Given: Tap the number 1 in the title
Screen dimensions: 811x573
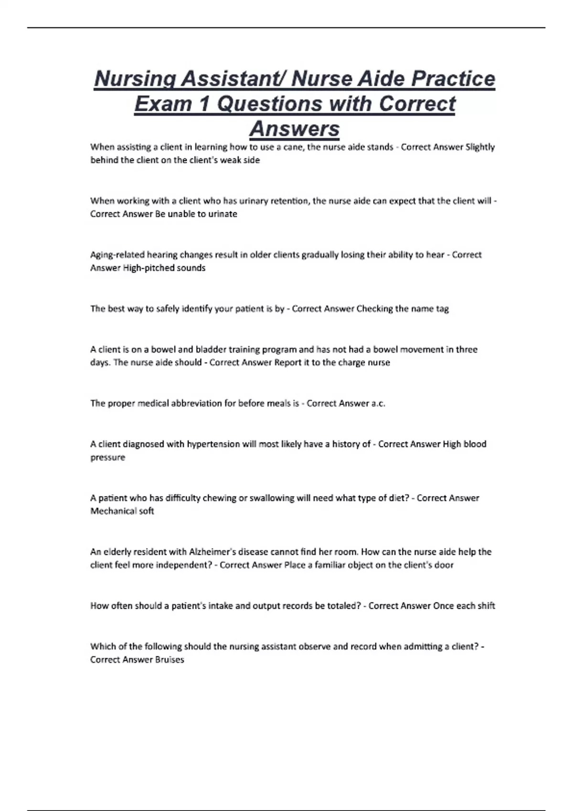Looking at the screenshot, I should (204, 104).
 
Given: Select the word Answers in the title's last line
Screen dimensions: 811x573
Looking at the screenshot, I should (295, 128).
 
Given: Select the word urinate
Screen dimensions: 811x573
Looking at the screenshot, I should (223, 214).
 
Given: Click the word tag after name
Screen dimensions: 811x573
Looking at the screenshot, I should (442, 309).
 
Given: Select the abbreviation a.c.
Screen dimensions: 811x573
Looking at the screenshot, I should (378, 403).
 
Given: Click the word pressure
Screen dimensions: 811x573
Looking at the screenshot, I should (108, 457).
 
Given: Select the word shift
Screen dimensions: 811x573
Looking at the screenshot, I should (486, 606).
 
